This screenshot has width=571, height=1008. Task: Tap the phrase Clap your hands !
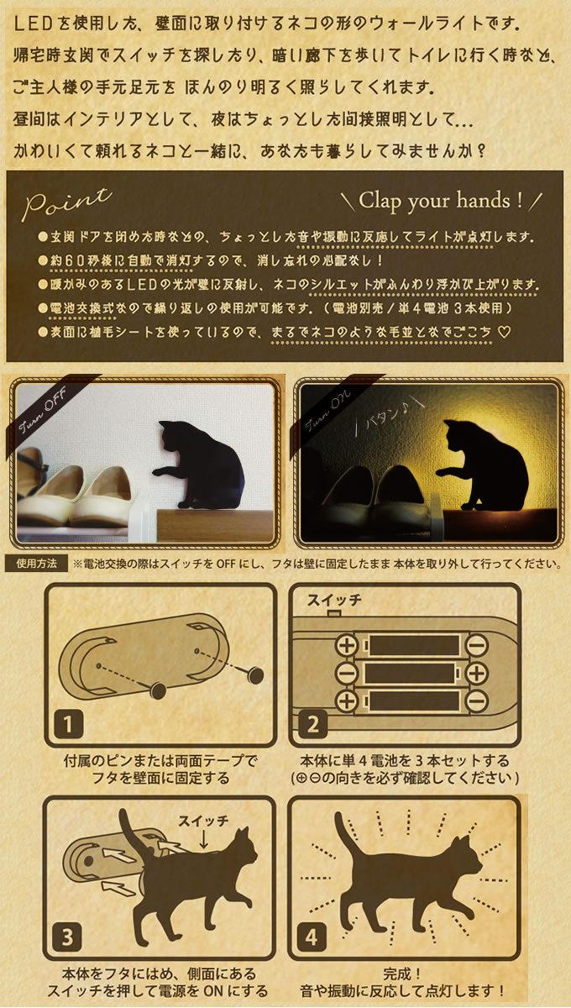441,201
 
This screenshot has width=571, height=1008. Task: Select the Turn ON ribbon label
327,412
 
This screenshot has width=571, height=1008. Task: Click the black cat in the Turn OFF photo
203,465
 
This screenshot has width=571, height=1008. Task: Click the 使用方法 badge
36,564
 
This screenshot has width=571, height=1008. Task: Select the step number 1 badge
68,723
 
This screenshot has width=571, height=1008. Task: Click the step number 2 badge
312,723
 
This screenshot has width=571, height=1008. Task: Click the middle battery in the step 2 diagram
411,674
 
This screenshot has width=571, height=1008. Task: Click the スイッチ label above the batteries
334,600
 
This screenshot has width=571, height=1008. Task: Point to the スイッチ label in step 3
203,821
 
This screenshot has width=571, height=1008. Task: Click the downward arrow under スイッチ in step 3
203,840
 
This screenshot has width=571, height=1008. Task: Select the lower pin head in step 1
159,690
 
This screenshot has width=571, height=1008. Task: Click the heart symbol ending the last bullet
505,332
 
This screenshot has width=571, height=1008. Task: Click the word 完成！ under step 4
402,974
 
